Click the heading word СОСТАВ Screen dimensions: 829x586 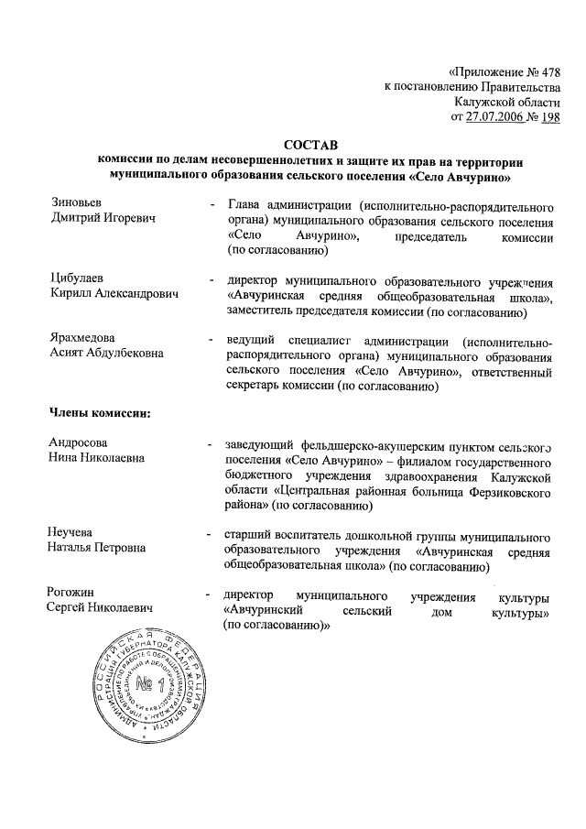310,145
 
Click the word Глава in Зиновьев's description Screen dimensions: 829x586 244,202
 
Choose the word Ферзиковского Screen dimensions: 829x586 505,491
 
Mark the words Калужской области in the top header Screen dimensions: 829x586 514,102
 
